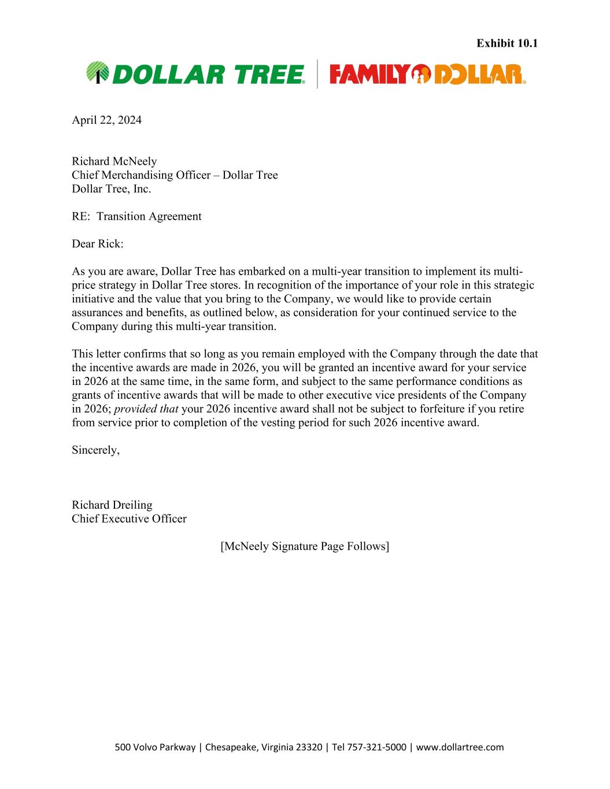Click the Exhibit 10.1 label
coord(507,43)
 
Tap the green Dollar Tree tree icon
coord(97,73)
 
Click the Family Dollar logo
coord(427,74)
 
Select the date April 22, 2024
coord(106,120)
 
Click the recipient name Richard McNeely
coord(114,161)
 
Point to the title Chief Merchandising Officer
coord(141,175)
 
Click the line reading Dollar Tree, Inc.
coord(111,189)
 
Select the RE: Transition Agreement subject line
coord(136,216)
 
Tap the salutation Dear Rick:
coord(97,244)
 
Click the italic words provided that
coord(146,409)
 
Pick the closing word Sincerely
coord(95,450)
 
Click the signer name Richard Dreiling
coord(112,505)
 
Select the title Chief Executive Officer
coord(129,519)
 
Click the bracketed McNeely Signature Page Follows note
coord(305,546)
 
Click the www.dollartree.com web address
coord(460,747)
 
